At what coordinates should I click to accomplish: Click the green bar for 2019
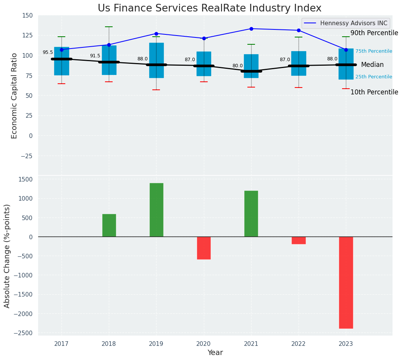point(156,210)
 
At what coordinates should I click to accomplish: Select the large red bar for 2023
point(346,282)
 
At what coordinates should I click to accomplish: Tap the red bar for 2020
point(204,248)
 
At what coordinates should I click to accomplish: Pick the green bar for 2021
point(251,214)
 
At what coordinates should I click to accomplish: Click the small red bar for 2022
point(299,240)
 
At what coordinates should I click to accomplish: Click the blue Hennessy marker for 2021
point(251,29)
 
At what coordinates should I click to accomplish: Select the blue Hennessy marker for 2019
point(156,34)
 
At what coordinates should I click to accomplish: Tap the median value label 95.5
point(48,53)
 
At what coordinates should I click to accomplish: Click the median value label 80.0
point(237,66)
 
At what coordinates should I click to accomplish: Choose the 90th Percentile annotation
point(374,33)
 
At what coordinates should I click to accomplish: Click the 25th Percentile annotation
point(374,77)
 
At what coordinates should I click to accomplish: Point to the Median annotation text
point(372,65)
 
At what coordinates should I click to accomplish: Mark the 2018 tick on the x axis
point(109,344)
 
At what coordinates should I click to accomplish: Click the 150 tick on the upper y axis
point(28,16)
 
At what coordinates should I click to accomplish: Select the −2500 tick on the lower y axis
point(23,333)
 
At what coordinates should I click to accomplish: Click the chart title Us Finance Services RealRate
point(210,8)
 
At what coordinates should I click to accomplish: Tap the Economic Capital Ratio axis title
point(15,96)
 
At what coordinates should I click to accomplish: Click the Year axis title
point(215,353)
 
